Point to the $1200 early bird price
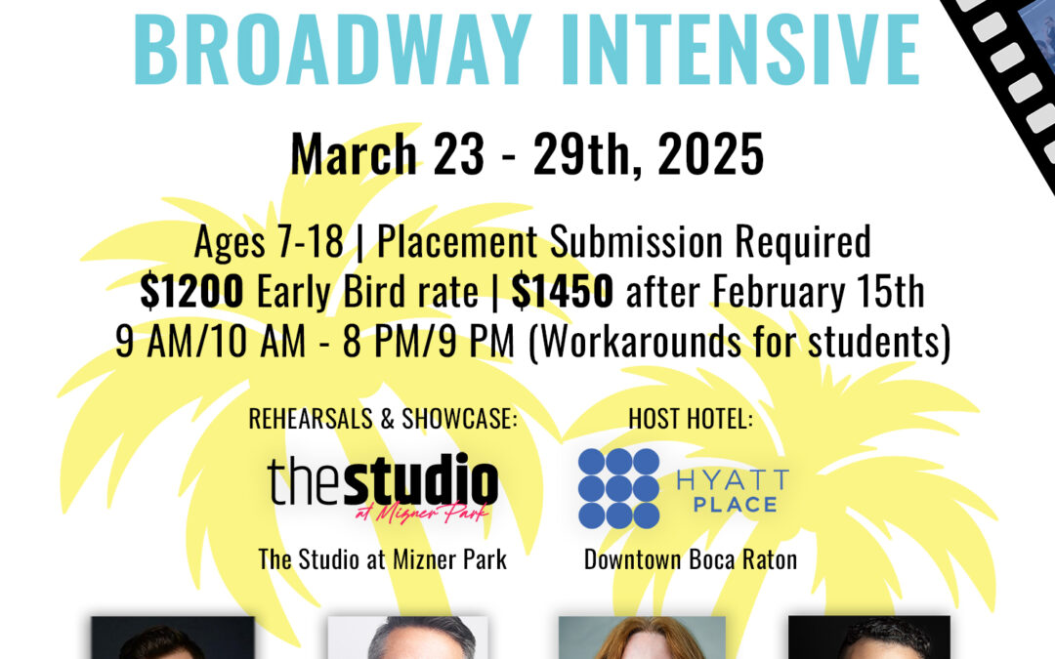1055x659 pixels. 191,291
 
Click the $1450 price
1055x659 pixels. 564,291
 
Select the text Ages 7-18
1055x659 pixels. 269,242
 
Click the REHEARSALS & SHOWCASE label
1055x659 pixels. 383,419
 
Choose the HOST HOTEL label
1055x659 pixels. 692,419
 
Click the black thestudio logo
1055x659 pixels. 383,480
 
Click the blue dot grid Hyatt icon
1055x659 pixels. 618,488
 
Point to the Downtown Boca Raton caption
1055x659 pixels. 690,559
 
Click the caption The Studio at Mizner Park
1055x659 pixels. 383,559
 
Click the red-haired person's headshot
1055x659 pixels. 642,638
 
